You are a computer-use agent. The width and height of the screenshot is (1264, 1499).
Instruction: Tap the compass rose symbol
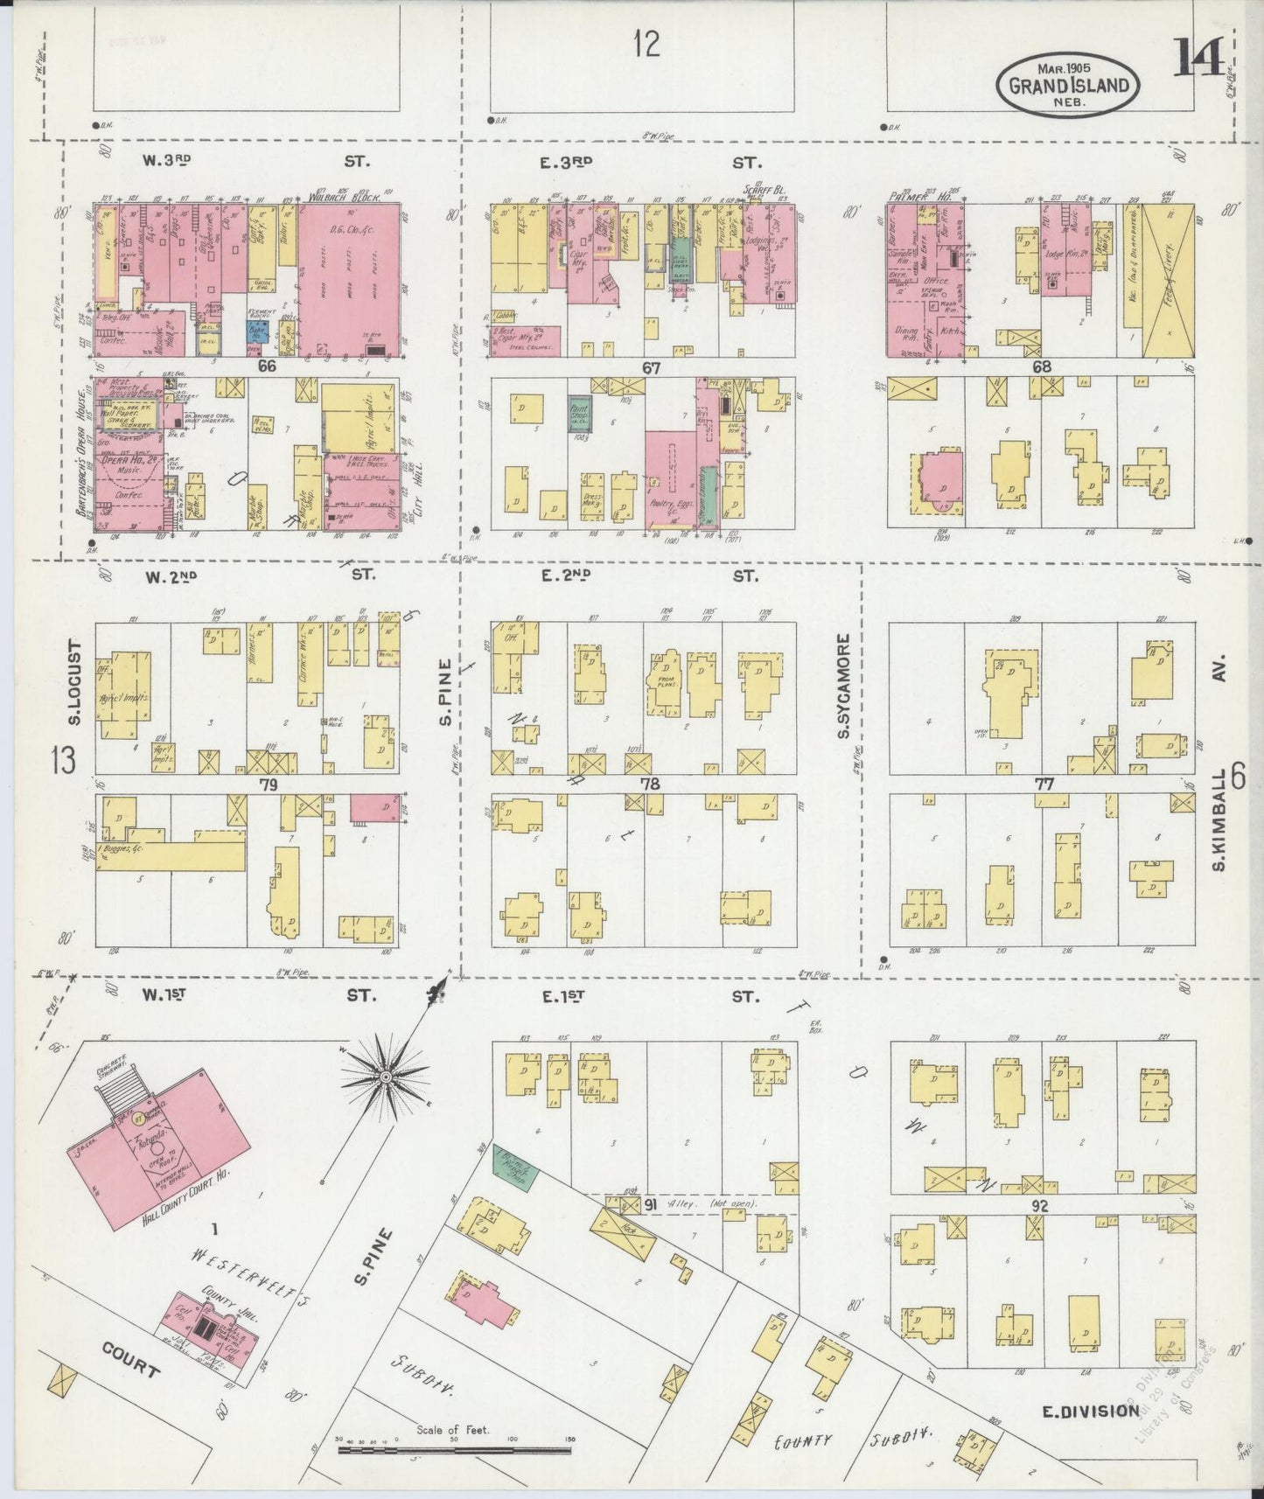[384, 1078]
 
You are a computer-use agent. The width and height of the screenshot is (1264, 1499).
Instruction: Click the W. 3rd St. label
[254, 161]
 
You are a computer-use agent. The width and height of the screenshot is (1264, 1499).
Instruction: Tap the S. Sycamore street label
[844, 686]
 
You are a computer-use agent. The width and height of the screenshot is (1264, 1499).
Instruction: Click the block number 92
[1039, 1207]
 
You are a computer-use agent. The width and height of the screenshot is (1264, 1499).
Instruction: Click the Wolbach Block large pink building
[348, 280]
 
